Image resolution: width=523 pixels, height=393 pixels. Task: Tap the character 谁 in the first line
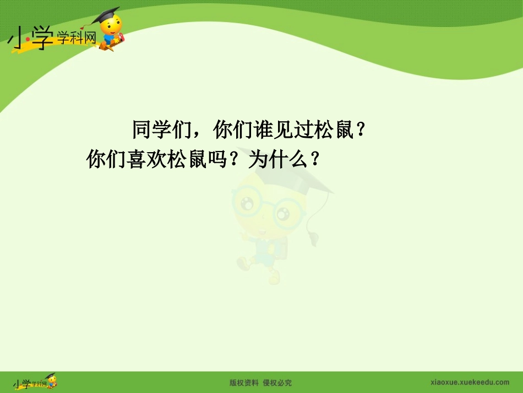pos(266,131)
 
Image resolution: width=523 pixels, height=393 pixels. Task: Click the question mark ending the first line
pos(361,131)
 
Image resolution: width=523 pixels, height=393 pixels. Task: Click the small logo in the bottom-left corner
pos(34,383)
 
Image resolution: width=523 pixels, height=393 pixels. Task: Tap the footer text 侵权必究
pos(277,383)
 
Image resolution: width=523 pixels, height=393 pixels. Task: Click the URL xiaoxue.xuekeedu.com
pos(469,383)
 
